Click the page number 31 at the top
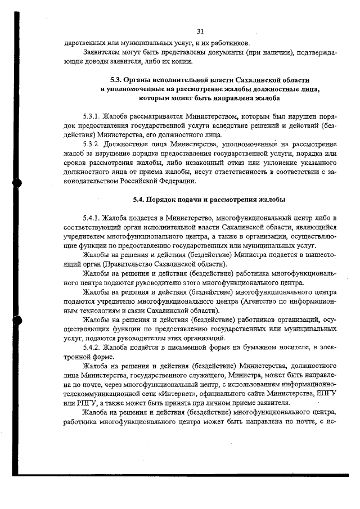[200, 31]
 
